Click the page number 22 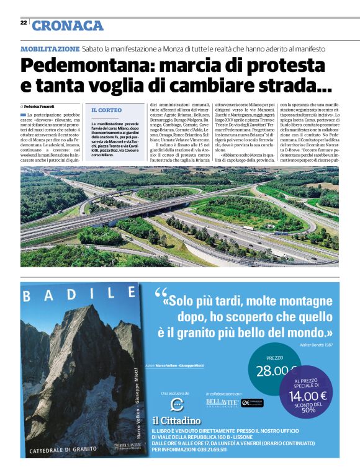coord(24,22)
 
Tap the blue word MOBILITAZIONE coord(50,48)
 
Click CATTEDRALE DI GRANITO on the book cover coord(63,449)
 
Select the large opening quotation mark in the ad coord(160,293)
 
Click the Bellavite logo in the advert coord(221,403)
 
